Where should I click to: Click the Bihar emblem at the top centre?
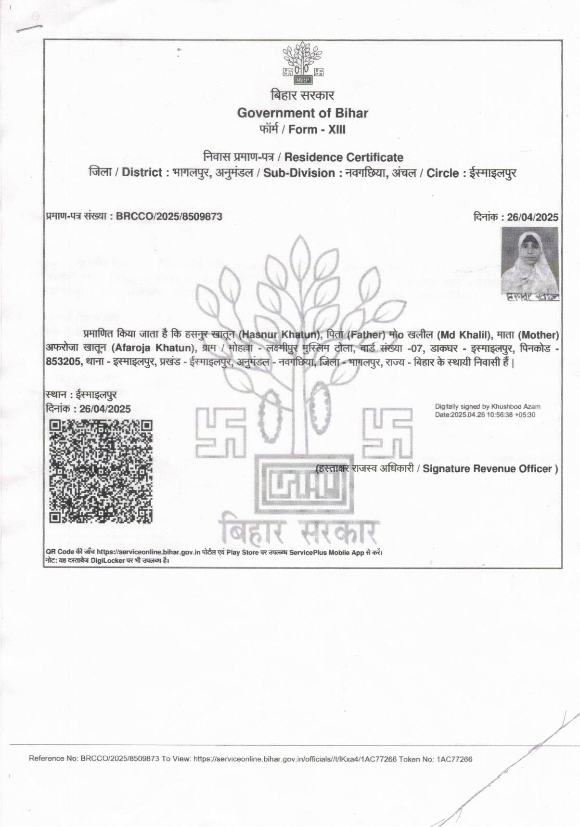[303, 62]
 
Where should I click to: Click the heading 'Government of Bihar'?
[303, 114]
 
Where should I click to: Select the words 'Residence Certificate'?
[344, 157]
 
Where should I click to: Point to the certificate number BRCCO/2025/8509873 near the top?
[169, 217]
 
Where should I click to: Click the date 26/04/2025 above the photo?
[532, 218]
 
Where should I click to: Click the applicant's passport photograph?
[529, 260]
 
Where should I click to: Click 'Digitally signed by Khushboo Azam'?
[488, 407]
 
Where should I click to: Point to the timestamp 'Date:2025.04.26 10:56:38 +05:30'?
[485, 414]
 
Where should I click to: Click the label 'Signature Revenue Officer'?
[490, 469]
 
